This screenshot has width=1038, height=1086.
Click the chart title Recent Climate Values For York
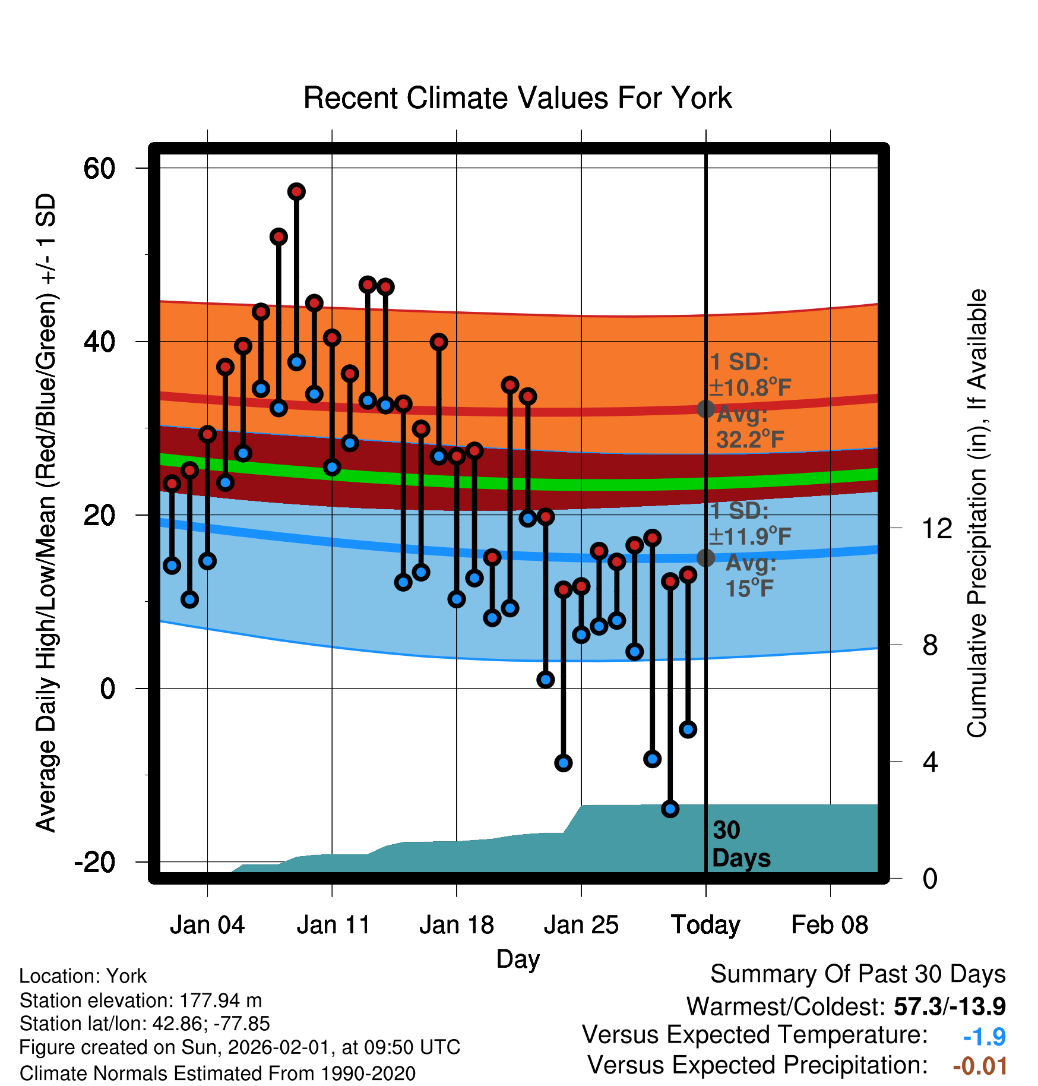517,98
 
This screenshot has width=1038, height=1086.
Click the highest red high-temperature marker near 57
296,191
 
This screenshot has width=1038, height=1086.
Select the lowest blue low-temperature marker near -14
670,809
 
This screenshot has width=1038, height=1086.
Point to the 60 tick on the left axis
100,168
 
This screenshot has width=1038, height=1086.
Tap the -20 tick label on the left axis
95,862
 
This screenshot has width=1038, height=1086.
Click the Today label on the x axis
705,925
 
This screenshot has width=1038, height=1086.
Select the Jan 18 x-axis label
456,925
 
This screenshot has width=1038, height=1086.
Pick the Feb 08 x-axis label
830,925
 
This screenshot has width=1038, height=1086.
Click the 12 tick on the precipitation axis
936,528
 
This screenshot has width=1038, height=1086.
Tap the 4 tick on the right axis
930,762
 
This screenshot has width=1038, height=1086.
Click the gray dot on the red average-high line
705,409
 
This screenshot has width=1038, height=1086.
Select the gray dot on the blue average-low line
705,558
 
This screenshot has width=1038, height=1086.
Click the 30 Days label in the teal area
740,844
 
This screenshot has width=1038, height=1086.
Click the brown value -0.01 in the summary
980,1066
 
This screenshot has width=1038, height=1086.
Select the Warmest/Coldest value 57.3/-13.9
950,1006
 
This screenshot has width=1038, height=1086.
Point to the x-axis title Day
518,959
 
